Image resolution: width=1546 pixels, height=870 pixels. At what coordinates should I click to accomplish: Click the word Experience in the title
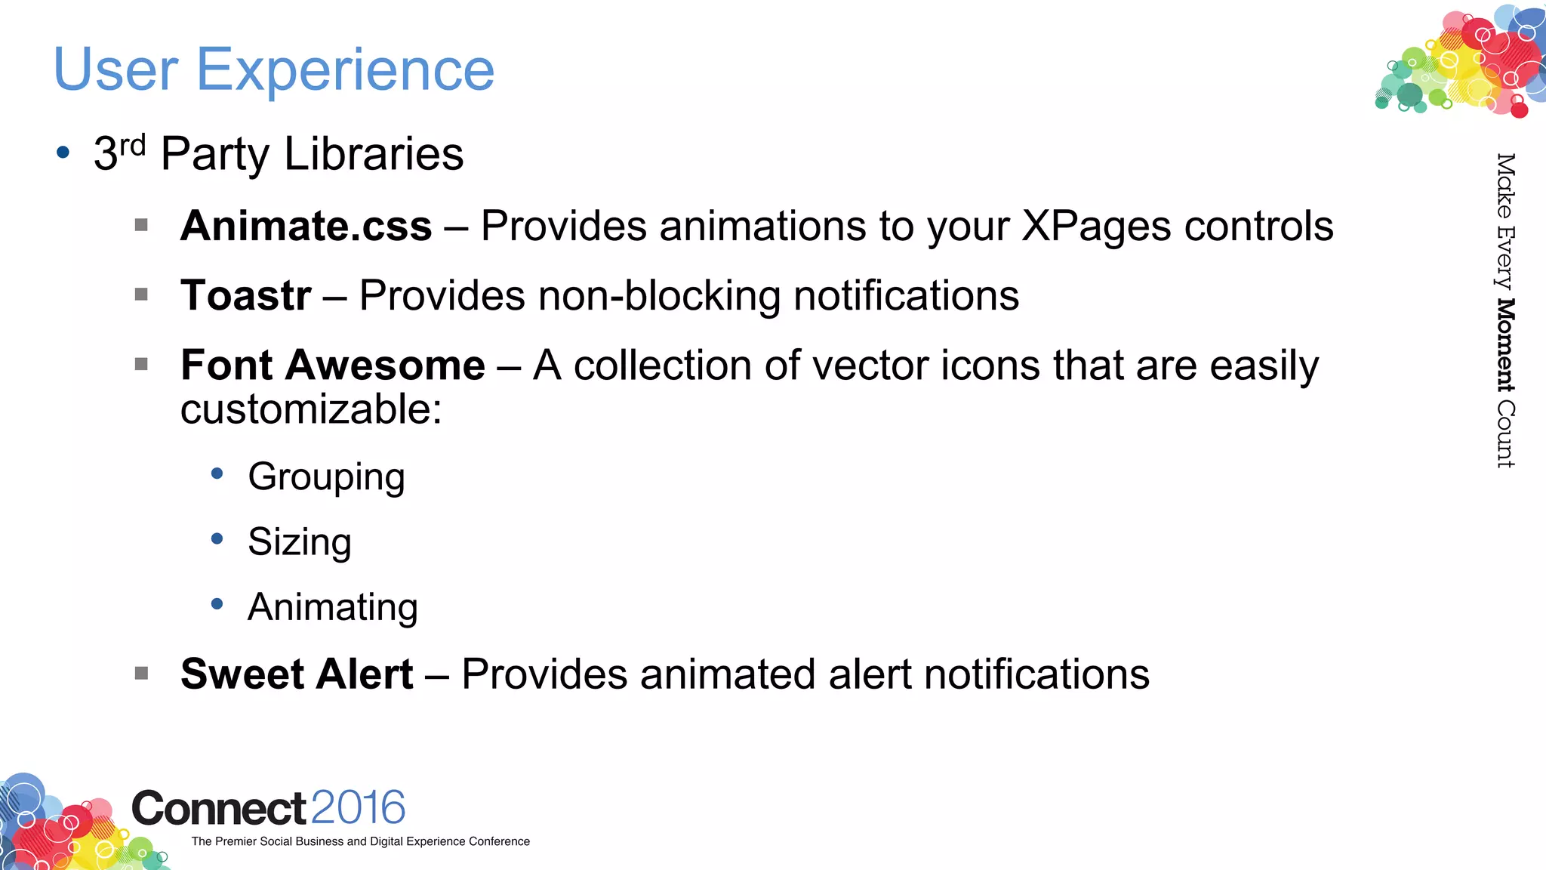pos(345,70)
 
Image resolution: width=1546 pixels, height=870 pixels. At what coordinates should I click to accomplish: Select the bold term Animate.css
pos(306,226)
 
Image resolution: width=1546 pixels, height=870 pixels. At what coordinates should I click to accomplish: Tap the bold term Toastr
pos(245,295)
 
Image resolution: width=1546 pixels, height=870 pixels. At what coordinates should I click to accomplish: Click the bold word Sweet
pos(242,674)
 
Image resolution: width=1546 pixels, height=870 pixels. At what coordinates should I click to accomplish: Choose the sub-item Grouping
pos(326,477)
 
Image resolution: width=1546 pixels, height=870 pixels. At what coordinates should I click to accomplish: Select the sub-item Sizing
pos(299,542)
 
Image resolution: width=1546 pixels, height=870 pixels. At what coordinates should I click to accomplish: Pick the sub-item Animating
pos(332,607)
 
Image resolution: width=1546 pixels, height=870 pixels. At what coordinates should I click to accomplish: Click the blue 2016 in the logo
pos(358,808)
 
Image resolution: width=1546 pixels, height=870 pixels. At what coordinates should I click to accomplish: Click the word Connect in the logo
pos(219,809)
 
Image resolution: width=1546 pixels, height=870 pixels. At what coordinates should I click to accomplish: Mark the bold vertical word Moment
pos(1504,345)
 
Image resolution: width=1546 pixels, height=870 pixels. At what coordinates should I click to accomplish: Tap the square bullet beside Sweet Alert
pos(141,673)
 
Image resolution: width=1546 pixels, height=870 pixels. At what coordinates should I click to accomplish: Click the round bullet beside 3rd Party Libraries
pos(63,153)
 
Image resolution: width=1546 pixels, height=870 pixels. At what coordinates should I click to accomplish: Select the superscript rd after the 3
pos(132,144)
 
